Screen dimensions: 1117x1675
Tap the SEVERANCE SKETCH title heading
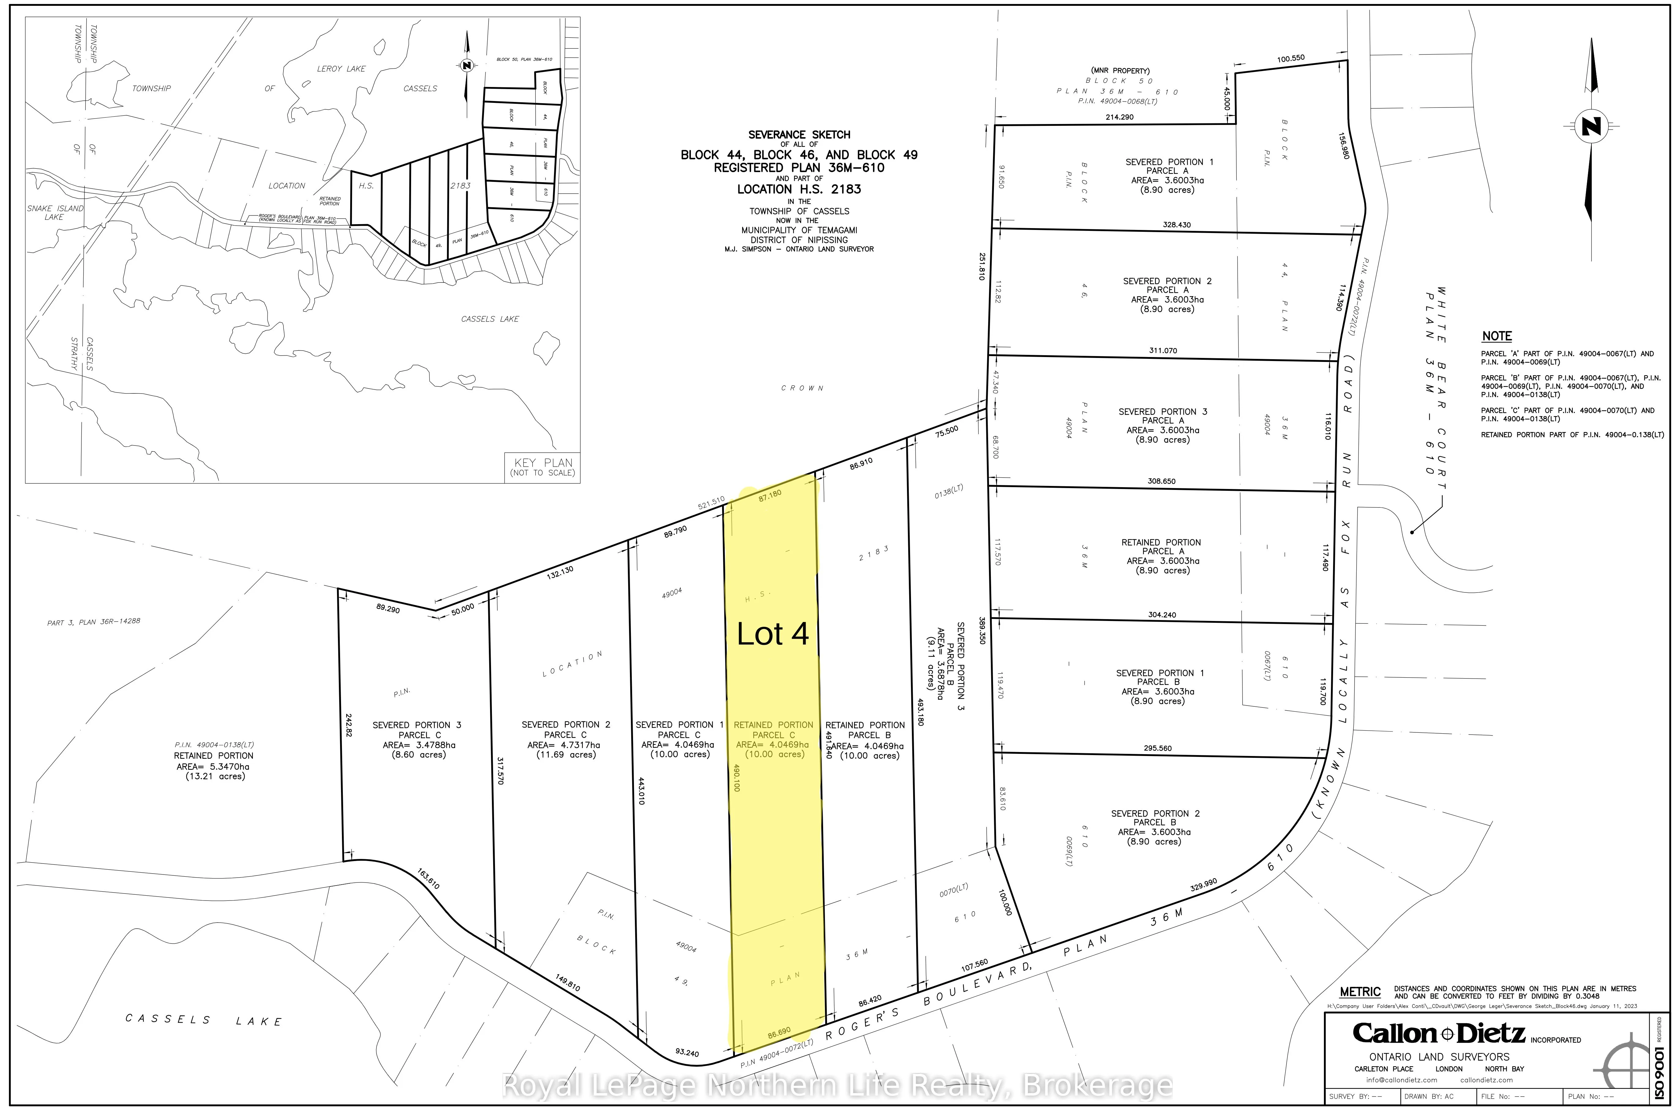point(799,135)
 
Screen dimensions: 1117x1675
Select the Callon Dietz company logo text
point(1439,1034)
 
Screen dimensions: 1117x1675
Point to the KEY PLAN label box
point(543,467)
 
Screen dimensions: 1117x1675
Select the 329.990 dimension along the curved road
point(1204,886)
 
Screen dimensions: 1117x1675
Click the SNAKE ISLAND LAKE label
point(55,212)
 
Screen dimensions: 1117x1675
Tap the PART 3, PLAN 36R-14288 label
point(93,622)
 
